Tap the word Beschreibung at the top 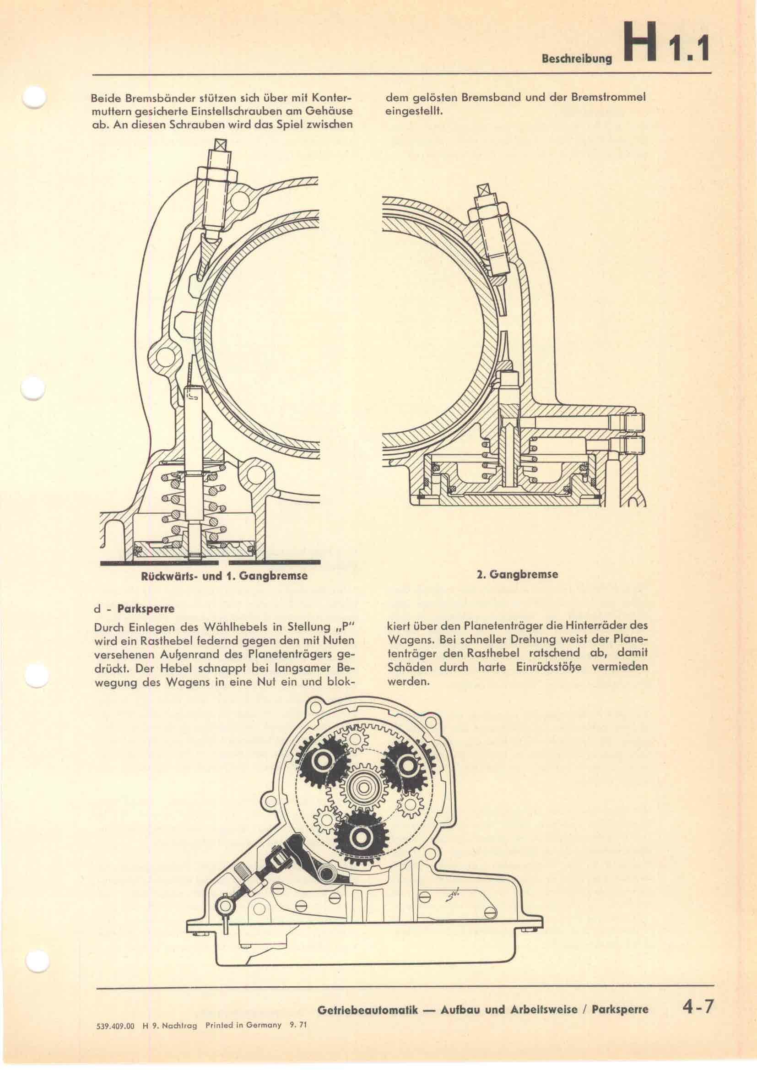pyautogui.click(x=576, y=60)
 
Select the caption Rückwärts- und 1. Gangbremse pyautogui.click(x=224, y=576)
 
